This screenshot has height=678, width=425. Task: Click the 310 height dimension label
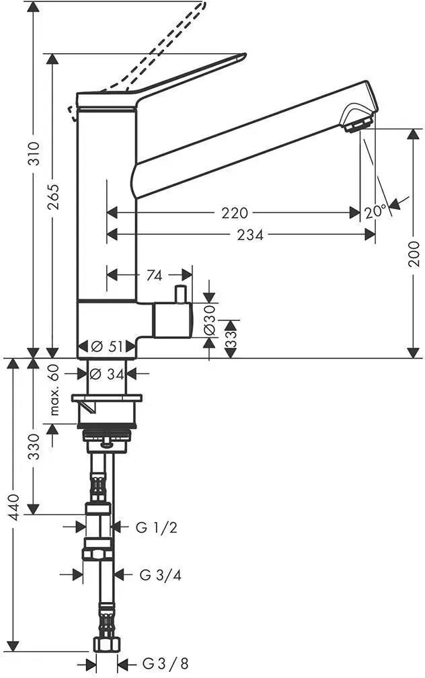(x=34, y=153)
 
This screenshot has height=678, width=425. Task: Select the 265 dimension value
(x=54, y=197)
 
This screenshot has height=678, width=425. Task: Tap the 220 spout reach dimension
(x=235, y=213)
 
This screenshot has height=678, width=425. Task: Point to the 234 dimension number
(x=250, y=235)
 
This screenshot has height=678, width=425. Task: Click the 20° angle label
(x=375, y=212)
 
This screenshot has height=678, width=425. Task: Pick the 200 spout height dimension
(x=414, y=254)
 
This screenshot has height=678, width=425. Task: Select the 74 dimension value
(x=155, y=275)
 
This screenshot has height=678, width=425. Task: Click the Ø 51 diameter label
(x=107, y=346)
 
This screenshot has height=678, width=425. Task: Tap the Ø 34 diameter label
(x=108, y=374)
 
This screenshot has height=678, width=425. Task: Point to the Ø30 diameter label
(x=209, y=320)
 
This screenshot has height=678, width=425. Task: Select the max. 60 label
(x=54, y=390)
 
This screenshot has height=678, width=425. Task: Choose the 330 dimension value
(x=34, y=447)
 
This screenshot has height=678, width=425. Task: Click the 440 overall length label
(x=15, y=506)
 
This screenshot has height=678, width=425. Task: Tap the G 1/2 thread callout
(x=156, y=527)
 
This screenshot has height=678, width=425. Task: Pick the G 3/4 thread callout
(x=160, y=574)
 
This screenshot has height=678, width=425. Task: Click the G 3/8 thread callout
(x=165, y=663)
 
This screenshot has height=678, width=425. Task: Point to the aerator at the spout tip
(x=358, y=124)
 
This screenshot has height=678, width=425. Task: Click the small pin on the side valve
(x=180, y=294)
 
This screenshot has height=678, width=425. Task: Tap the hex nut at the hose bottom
(x=106, y=645)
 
